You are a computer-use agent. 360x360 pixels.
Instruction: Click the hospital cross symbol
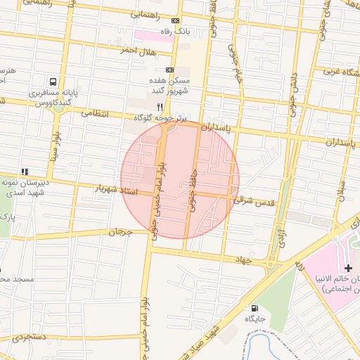(348, 268)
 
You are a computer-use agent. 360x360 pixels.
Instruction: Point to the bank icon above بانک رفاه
(175, 21)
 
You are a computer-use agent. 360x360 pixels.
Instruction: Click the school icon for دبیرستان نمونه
(25, 171)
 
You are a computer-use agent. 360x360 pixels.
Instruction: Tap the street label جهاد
(243, 260)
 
